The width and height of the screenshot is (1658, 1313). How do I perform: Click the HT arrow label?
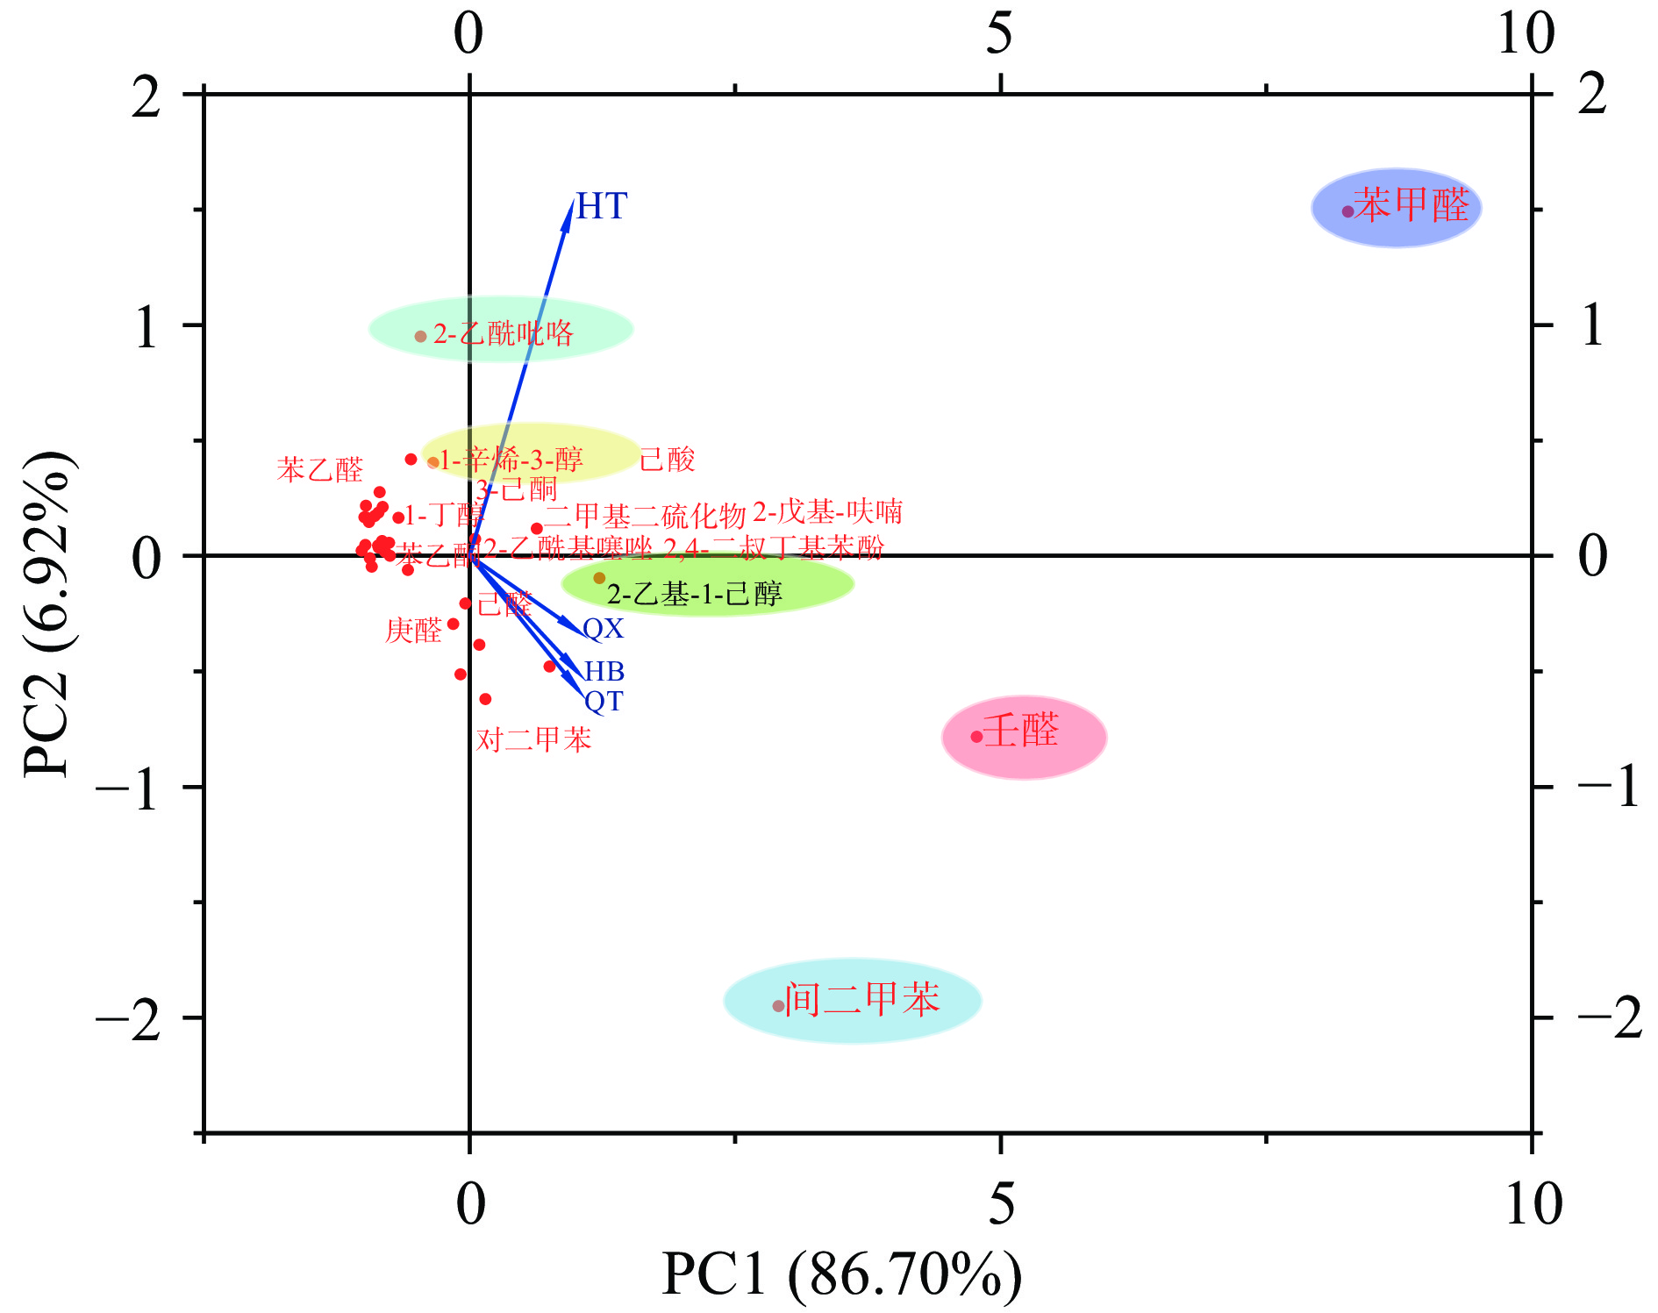coord(602,207)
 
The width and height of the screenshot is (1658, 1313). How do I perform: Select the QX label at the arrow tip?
coord(604,629)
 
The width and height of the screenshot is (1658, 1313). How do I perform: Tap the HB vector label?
coord(604,672)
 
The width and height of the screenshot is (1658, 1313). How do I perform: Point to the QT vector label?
coord(604,702)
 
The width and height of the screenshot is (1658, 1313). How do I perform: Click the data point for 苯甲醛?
coord(1347,211)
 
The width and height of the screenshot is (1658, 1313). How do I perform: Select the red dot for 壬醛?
coord(976,737)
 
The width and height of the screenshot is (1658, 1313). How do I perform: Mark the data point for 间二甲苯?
coord(778,1006)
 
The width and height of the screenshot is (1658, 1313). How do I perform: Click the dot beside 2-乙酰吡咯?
coord(420,337)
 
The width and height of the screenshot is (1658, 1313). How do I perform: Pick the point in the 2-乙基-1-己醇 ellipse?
coord(599,578)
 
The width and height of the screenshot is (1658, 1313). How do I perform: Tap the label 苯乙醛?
coord(320,470)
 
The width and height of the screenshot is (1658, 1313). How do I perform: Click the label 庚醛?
coord(413,631)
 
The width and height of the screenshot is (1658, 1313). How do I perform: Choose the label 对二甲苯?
coord(533,740)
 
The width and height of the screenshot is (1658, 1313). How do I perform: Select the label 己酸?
coord(667,460)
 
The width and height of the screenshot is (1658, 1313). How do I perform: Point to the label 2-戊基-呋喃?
coord(827,511)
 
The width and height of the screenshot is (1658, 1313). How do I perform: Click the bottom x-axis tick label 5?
coord(1001,1203)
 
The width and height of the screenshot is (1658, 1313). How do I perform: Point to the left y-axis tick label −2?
coord(129,1019)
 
